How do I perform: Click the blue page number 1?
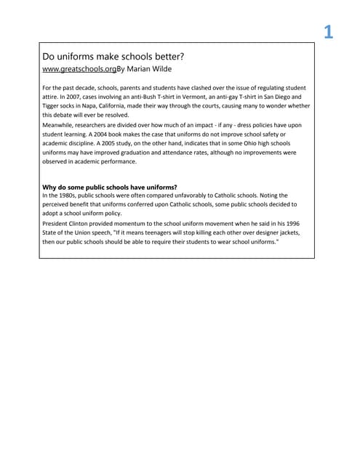pyautogui.click(x=328, y=32)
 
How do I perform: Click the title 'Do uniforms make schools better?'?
pyautogui.click(x=113, y=56)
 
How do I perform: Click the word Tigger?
pyautogui.click(x=53, y=106)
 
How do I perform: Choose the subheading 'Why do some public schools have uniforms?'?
pyautogui.click(x=110, y=187)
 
